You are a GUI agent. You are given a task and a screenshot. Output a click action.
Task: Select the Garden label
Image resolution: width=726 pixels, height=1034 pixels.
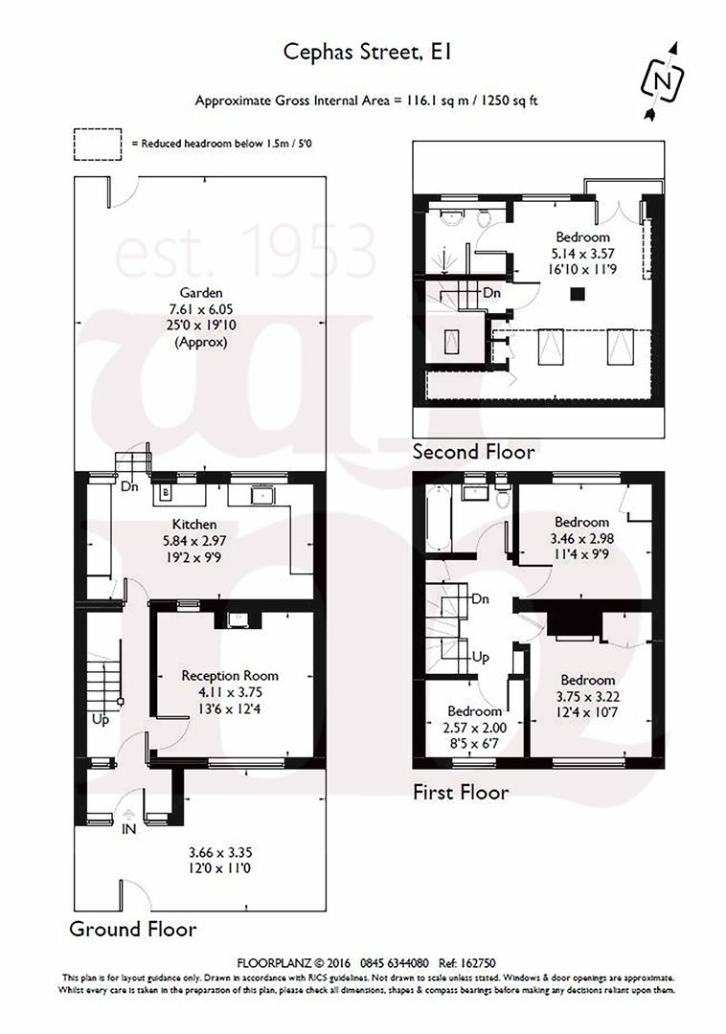coord(201,292)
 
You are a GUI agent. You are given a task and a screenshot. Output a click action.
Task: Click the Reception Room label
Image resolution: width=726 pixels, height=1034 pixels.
coord(230,675)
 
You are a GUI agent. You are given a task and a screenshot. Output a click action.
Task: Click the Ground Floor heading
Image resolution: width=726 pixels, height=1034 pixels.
coord(133,929)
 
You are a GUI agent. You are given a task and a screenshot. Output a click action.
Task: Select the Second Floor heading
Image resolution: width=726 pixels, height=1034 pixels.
coord(473,451)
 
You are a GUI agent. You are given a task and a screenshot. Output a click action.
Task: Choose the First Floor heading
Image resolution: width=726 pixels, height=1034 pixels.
coord(461,792)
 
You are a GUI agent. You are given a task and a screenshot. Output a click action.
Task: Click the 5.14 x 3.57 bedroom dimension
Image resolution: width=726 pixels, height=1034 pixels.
coord(582,254)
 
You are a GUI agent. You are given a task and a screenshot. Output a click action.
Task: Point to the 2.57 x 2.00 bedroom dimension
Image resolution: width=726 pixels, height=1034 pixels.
coord(476,728)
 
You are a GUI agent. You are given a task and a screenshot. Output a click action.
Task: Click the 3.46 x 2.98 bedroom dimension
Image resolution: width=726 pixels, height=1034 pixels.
coord(581,538)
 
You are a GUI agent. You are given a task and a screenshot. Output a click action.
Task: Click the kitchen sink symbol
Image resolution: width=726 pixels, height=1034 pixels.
coord(261,495)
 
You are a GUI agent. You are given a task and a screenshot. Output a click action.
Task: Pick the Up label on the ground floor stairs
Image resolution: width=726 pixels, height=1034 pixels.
coord(101,719)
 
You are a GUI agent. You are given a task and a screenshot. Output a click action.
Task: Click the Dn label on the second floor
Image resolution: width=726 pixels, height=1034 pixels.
coord(492,292)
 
